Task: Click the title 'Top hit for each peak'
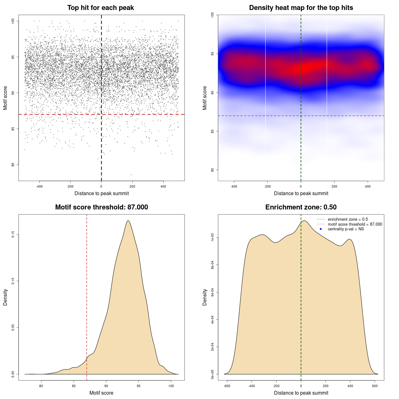pyautogui.click(x=101, y=8)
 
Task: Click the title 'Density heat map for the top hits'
pyautogui.click(x=301, y=8)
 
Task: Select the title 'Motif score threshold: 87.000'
pyautogui.click(x=101, y=207)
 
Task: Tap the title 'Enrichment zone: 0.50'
pyautogui.click(x=301, y=207)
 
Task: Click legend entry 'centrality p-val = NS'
pyautogui.click(x=346, y=229)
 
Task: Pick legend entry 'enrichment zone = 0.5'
pyautogui.click(x=348, y=219)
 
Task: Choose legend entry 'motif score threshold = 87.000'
pyautogui.click(x=355, y=224)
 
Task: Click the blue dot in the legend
pyautogui.click(x=321, y=229)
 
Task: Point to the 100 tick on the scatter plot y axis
pyautogui.click(x=13, y=21)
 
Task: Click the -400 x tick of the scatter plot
pyautogui.click(x=39, y=187)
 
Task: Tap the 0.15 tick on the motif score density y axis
pyautogui.click(x=13, y=234)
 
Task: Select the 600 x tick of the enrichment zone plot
pyautogui.click(x=375, y=386)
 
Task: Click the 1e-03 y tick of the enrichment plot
pyautogui.click(x=213, y=238)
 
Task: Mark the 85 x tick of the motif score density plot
pyautogui.click(x=74, y=386)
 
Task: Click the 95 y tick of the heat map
pyautogui.click(x=213, y=54)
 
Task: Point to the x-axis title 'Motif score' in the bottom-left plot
pyautogui.click(x=101, y=393)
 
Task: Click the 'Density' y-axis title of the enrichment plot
pyautogui.click(x=205, y=297)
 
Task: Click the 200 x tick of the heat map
pyautogui.click(x=334, y=187)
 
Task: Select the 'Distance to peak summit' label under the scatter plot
pyautogui.click(x=102, y=194)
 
